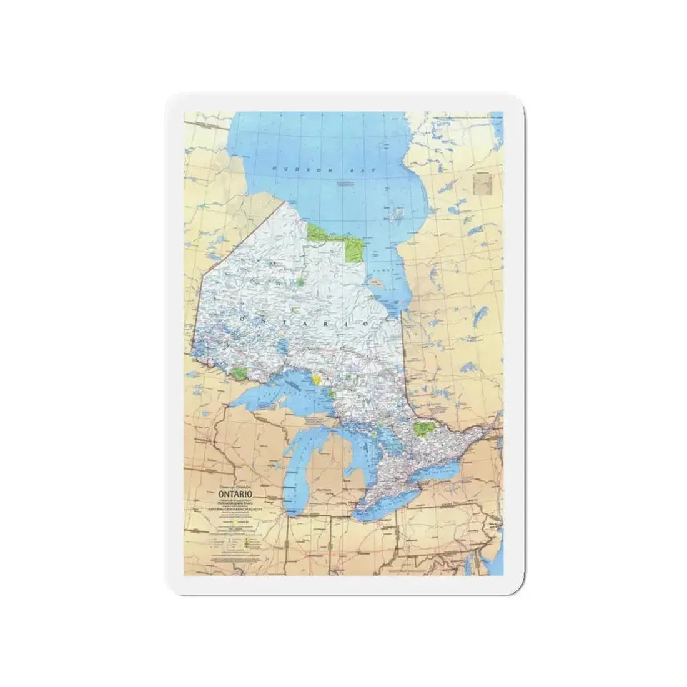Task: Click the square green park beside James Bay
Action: (357, 252)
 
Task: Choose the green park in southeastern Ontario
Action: (425, 429)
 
